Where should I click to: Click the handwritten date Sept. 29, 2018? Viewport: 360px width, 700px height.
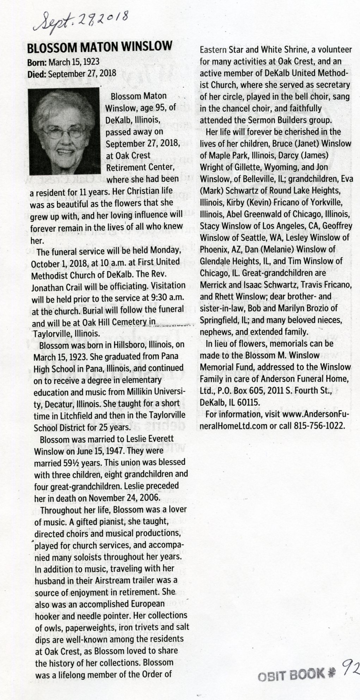coord(81,22)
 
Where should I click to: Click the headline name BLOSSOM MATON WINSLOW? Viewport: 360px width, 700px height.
coord(100,47)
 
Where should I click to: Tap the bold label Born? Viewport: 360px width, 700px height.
coord(37,62)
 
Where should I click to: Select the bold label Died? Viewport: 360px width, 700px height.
coord(37,74)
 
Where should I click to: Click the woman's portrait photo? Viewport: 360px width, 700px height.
coord(64,131)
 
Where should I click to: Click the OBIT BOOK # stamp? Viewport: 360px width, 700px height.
coord(296,675)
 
